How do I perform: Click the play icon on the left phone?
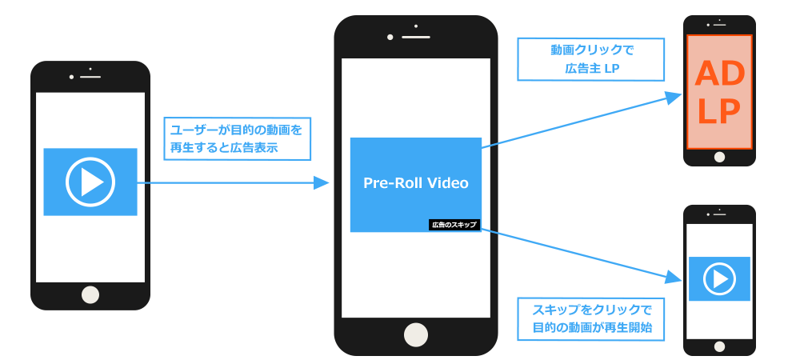[90, 182]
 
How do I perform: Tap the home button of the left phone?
[90, 294]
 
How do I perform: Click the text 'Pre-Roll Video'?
[416, 183]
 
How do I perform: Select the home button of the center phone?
[416, 334]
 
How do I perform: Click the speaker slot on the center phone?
[416, 37]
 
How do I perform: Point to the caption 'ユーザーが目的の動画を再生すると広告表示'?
[237, 138]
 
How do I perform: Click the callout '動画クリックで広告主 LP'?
[591, 60]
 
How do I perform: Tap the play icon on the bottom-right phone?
[719, 278]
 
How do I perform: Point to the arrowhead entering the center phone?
[322, 183]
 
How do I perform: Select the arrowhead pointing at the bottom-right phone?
[674, 278]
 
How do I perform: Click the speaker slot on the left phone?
[90, 76]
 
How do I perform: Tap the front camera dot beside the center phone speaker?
[390, 37]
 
